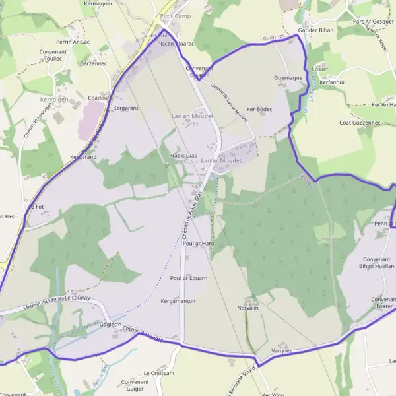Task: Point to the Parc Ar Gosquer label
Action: point(374,22)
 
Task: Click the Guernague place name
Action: point(288,77)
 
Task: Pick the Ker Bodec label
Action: point(259,108)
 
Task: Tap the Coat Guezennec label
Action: point(360,123)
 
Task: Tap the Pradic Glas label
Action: point(183,156)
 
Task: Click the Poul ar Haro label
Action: point(199,244)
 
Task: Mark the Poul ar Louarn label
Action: point(189,278)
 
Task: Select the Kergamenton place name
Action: point(178,301)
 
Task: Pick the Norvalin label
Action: point(247,308)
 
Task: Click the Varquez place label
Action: point(282,351)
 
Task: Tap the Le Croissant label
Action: point(159,372)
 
